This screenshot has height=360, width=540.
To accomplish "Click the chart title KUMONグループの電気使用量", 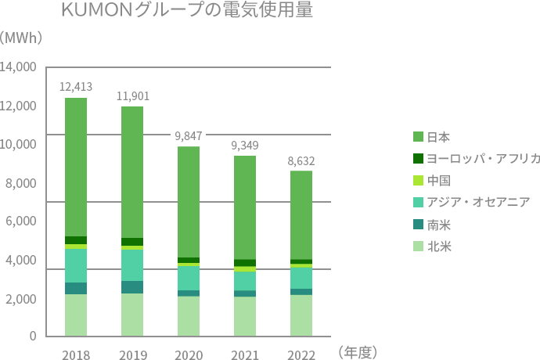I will point(186,13).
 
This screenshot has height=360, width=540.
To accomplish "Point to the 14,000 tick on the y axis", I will point(19,67).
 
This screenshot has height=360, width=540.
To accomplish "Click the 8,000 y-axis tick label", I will point(22,183).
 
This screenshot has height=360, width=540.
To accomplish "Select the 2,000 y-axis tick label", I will point(22,299).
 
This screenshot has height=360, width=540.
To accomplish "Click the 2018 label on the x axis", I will point(76,355).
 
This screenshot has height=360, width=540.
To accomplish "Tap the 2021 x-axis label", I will point(245,355).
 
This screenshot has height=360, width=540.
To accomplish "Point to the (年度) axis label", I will point(358,354).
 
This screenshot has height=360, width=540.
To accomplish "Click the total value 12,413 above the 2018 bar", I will point(76,86).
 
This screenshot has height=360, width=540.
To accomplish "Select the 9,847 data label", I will point(189,135).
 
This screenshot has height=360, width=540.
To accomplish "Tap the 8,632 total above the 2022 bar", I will point(301,160).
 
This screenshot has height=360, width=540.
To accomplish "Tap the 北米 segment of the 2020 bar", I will point(189,317).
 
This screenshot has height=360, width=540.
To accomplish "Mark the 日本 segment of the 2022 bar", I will point(301,215).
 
